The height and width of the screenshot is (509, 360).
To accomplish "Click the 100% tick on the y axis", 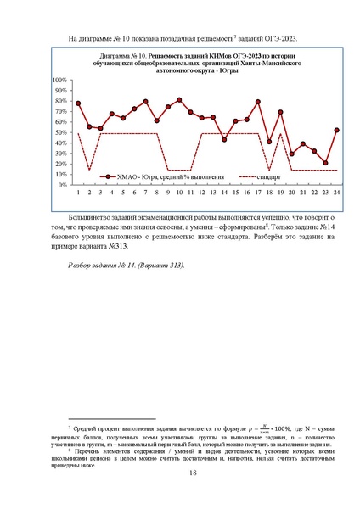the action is coord(61,81).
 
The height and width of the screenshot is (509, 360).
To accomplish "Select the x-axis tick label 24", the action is coord(337,192).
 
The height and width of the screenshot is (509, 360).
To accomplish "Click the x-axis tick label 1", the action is coord(78,192).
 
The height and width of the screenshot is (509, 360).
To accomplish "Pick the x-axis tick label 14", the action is coord(224,192).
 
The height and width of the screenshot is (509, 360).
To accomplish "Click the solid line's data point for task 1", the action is coord(78,103).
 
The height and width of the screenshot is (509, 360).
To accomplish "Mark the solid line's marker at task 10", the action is coord(179,100).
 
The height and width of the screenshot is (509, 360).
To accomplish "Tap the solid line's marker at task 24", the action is coord(337,130).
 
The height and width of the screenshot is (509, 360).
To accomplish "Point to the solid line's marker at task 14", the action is coord(224,139).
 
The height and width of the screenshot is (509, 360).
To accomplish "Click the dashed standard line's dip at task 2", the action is coord(89,170).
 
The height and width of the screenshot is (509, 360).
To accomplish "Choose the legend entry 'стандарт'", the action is coord(262,177).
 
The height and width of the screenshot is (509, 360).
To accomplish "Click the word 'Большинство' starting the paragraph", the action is coord(89,217).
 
